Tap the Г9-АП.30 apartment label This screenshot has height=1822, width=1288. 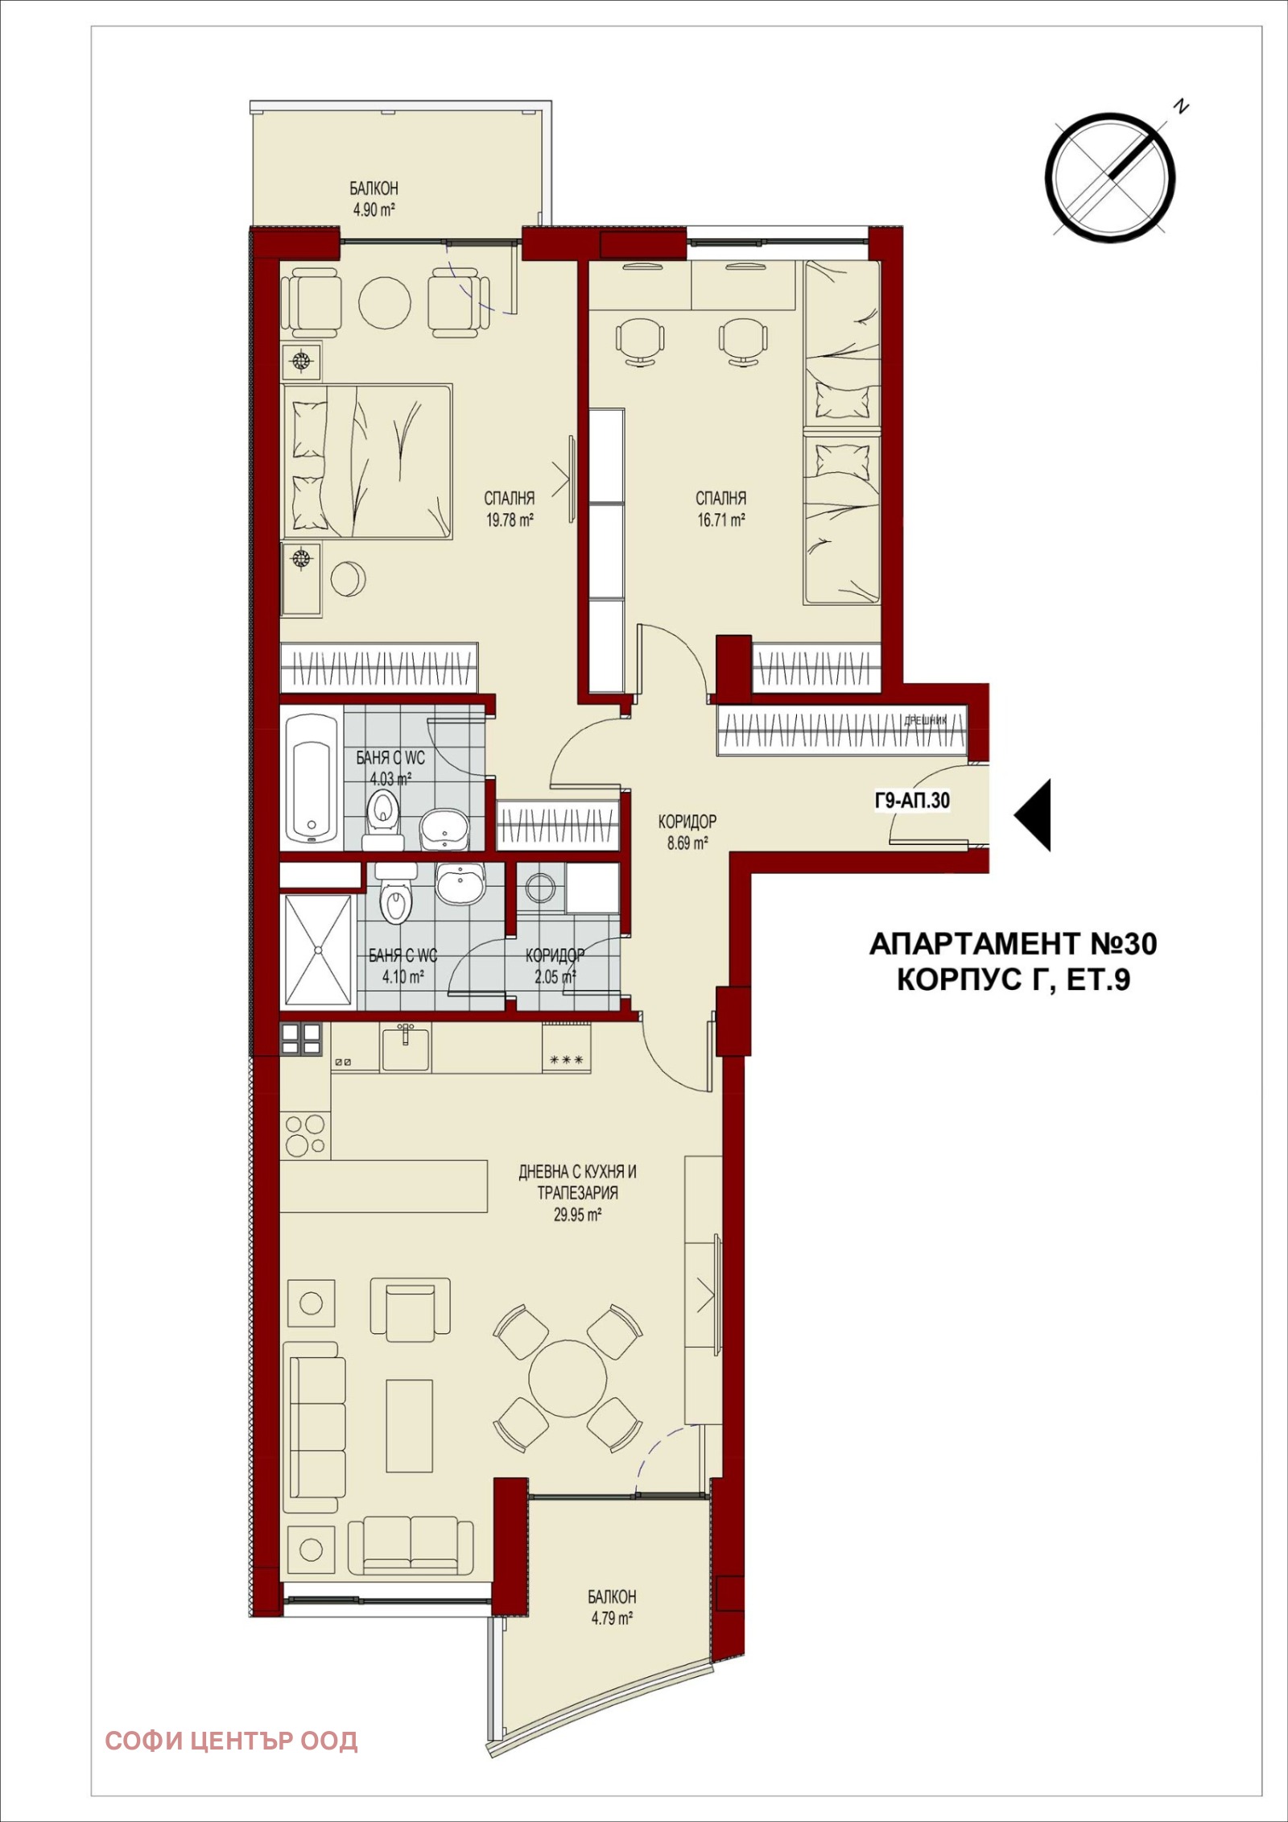(x=912, y=801)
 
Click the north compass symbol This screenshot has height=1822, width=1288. (x=1111, y=175)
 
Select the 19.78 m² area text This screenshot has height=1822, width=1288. (x=510, y=520)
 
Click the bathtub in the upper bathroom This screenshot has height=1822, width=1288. (x=312, y=779)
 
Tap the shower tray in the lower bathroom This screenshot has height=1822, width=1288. (x=319, y=950)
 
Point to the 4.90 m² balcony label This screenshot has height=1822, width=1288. (x=374, y=210)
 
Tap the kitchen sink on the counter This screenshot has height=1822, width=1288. (x=405, y=1048)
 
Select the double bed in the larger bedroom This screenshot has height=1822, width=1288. (x=367, y=460)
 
